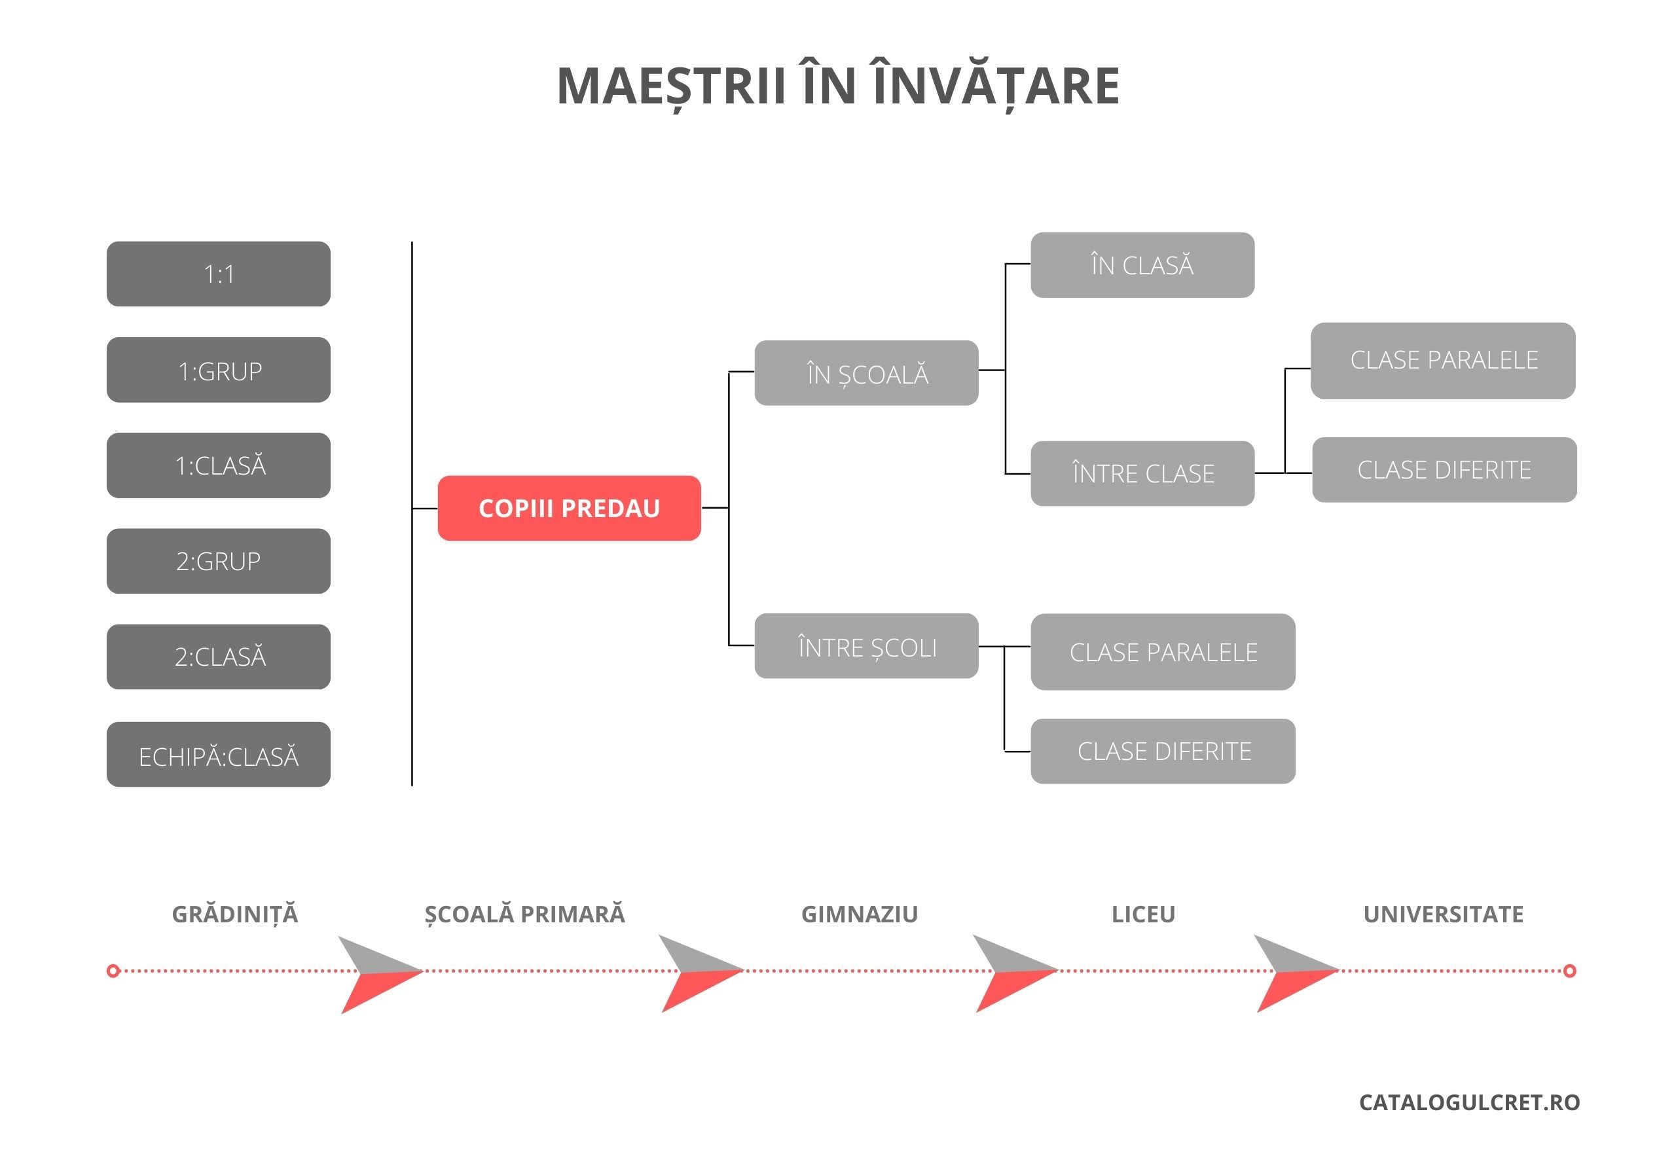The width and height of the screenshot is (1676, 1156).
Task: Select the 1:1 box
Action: click(218, 274)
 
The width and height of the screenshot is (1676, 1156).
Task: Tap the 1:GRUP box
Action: click(218, 369)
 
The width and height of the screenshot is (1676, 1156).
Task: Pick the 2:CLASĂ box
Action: click(218, 657)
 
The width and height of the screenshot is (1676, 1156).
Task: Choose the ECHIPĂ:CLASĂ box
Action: click(218, 754)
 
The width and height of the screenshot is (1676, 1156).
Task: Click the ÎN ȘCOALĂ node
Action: click(866, 372)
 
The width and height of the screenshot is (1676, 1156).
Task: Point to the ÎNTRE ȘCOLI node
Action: click(866, 645)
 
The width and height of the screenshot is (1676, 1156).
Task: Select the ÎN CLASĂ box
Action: click(1142, 264)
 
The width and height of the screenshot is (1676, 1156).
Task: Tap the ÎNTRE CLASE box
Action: click(1142, 473)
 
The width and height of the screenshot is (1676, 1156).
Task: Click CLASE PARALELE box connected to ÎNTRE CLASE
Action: click(1443, 360)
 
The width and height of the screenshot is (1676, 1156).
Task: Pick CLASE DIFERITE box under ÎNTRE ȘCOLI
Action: click(1163, 750)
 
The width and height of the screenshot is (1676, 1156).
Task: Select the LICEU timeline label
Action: click(1143, 914)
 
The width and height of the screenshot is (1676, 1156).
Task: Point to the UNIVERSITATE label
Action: click(1443, 914)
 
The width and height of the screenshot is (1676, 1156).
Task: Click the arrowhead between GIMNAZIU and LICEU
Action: click(1014, 973)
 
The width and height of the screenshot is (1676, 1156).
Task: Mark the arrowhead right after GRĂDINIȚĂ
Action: click(380, 974)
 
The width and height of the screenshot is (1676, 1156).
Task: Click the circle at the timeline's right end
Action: click(1569, 971)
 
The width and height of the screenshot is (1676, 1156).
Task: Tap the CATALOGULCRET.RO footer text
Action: click(1469, 1102)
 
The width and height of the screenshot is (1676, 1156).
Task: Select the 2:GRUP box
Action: click(218, 560)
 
